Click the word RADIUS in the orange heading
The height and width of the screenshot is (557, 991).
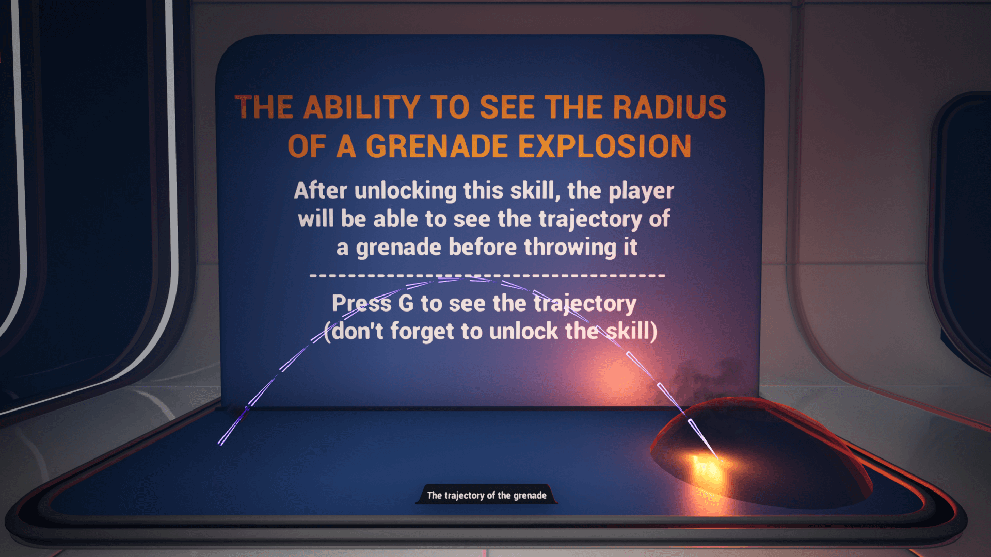(x=669, y=107)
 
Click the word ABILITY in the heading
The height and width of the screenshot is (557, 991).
(x=362, y=107)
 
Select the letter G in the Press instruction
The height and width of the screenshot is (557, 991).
(x=406, y=303)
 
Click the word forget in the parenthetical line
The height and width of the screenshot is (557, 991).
(x=422, y=332)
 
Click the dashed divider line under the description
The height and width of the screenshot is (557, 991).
(x=487, y=276)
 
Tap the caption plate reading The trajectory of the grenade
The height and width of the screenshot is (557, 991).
(x=487, y=495)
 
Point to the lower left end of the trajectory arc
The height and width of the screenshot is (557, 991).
(x=219, y=444)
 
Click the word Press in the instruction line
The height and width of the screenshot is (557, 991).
(x=361, y=303)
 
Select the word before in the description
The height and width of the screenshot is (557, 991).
(x=483, y=247)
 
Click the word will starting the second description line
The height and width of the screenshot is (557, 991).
(x=315, y=219)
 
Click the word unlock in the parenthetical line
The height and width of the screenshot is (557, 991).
(x=523, y=332)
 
